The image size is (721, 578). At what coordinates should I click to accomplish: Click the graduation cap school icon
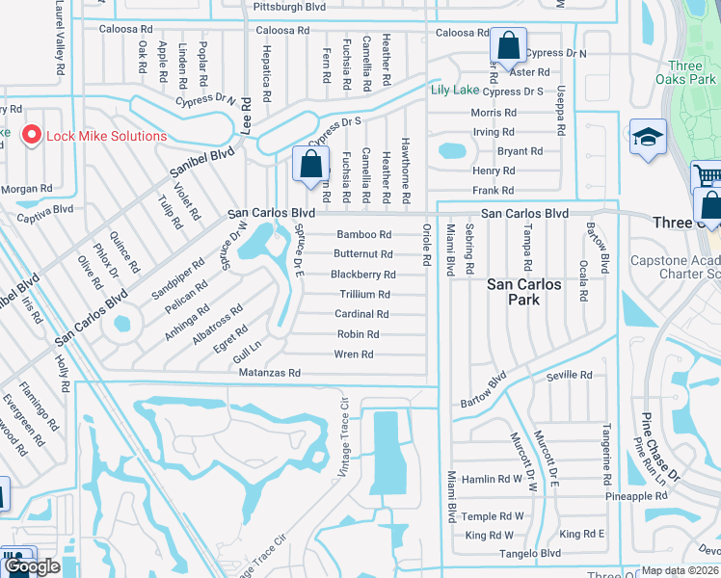649,139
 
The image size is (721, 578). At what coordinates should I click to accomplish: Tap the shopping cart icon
708,177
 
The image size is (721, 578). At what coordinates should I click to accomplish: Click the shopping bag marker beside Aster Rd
507,45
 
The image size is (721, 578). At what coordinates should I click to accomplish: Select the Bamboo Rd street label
363,234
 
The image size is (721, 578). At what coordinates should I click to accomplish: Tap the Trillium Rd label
363,294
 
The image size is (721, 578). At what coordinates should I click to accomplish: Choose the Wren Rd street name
354,355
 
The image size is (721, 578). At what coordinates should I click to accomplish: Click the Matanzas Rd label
270,373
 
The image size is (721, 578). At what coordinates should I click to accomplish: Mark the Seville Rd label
569,376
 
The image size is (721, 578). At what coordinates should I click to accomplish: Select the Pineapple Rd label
636,496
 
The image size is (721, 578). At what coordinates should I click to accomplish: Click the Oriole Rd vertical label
425,245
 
